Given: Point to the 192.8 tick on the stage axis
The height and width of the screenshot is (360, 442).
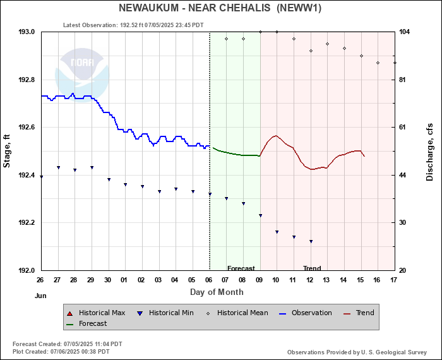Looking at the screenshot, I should (27, 80).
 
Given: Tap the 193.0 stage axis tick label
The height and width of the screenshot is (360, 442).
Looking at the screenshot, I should (27, 32).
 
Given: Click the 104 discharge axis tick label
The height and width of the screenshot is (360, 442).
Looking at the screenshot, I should (404, 32).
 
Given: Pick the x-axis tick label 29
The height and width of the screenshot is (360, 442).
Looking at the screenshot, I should (91, 280).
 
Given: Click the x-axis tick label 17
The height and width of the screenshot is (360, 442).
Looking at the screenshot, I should (394, 280).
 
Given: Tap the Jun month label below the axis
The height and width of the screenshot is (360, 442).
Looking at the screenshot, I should (40, 295).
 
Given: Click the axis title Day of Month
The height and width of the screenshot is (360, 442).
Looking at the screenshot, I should (217, 292).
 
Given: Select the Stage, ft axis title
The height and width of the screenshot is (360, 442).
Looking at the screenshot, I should (8, 151).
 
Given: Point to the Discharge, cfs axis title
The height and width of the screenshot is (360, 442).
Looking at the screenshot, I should (434, 151).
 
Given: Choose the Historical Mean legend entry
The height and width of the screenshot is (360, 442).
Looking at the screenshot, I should (242, 313).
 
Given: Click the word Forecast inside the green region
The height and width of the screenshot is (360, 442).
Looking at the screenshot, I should (241, 268).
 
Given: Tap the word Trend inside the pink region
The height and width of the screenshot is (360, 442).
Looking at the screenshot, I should (312, 268).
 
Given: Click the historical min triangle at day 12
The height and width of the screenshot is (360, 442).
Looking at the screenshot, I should (311, 241).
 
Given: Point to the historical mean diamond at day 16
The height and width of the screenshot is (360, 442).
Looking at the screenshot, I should (378, 63).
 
